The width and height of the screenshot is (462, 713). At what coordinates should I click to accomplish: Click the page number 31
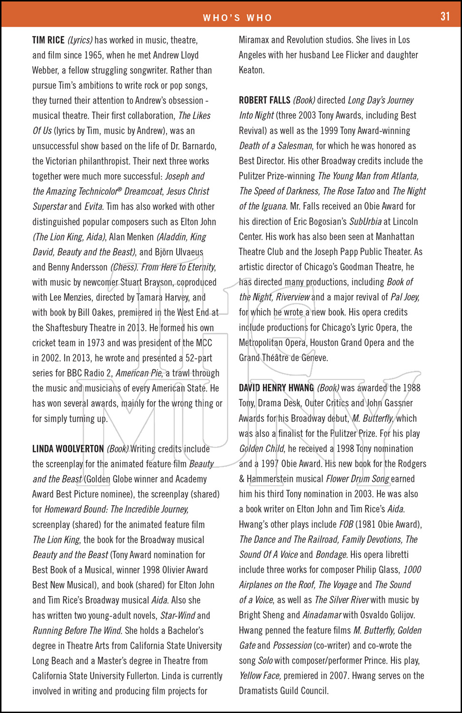click(445, 17)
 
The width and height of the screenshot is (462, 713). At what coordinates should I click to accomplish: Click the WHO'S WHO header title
click(237, 18)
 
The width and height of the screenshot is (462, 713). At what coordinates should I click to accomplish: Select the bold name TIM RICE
click(48, 40)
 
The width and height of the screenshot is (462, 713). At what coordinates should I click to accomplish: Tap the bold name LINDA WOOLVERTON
click(68, 449)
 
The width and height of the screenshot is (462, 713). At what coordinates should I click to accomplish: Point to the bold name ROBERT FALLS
click(265, 101)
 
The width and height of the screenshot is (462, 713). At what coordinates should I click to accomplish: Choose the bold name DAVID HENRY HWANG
click(276, 388)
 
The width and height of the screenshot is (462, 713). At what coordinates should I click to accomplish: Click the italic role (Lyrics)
click(80, 40)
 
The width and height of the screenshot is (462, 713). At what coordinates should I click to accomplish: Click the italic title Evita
click(93, 207)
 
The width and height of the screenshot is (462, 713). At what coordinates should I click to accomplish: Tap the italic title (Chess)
click(124, 267)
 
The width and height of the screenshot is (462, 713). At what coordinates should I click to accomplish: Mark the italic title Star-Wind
click(177, 616)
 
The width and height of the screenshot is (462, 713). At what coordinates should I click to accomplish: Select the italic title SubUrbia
click(365, 222)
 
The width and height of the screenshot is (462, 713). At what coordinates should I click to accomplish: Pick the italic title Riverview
click(293, 298)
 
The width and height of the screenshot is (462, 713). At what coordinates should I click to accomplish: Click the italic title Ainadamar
click(322, 616)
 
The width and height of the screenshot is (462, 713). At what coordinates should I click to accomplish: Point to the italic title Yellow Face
click(260, 676)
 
